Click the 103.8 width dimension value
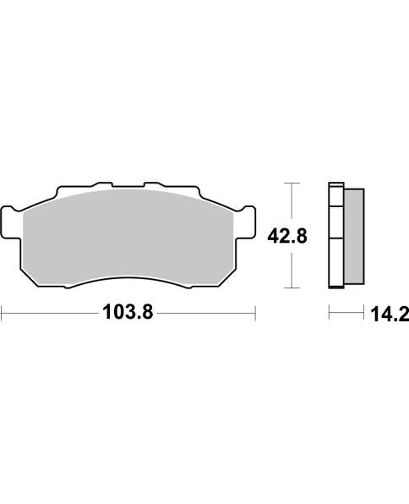(127, 314)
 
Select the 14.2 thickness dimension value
(388, 315)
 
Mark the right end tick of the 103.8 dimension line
(254, 314)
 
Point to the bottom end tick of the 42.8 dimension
(292, 288)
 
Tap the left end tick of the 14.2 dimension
(329, 315)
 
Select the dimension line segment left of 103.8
(51, 314)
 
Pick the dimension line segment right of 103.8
(207, 314)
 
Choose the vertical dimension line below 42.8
(292, 269)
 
